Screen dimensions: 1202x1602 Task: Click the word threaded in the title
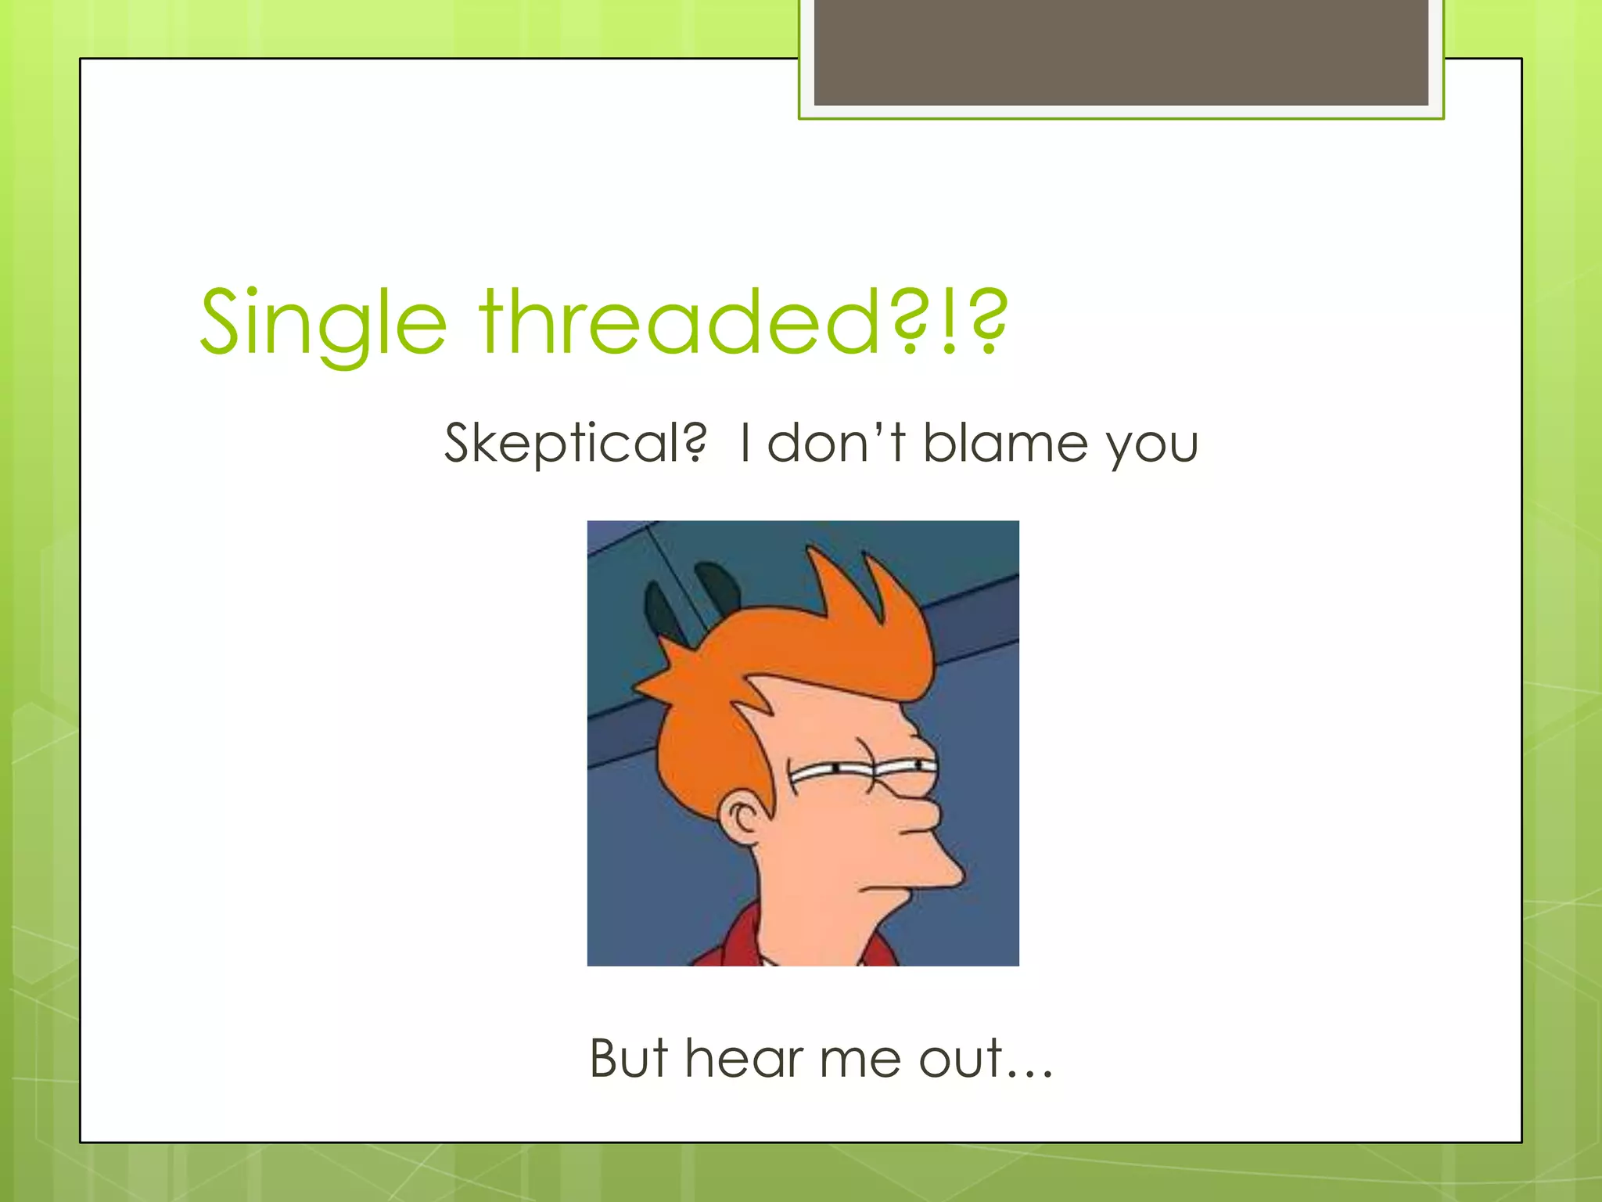point(681,321)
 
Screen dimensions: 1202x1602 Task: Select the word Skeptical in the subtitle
point(575,443)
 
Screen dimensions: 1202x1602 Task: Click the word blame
point(1005,443)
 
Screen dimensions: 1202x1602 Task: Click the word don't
point(835,443)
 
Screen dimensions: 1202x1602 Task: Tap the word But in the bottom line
point(628,1058)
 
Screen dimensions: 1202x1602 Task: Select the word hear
point(744,1058)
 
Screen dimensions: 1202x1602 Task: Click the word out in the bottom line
point(961,1058)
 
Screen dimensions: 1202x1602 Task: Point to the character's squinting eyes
point(860,771)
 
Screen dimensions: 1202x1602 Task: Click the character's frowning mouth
point(880,888)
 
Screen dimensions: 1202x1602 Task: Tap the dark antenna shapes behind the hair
point(688,599)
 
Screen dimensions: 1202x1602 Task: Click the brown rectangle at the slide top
point(1121,52)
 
